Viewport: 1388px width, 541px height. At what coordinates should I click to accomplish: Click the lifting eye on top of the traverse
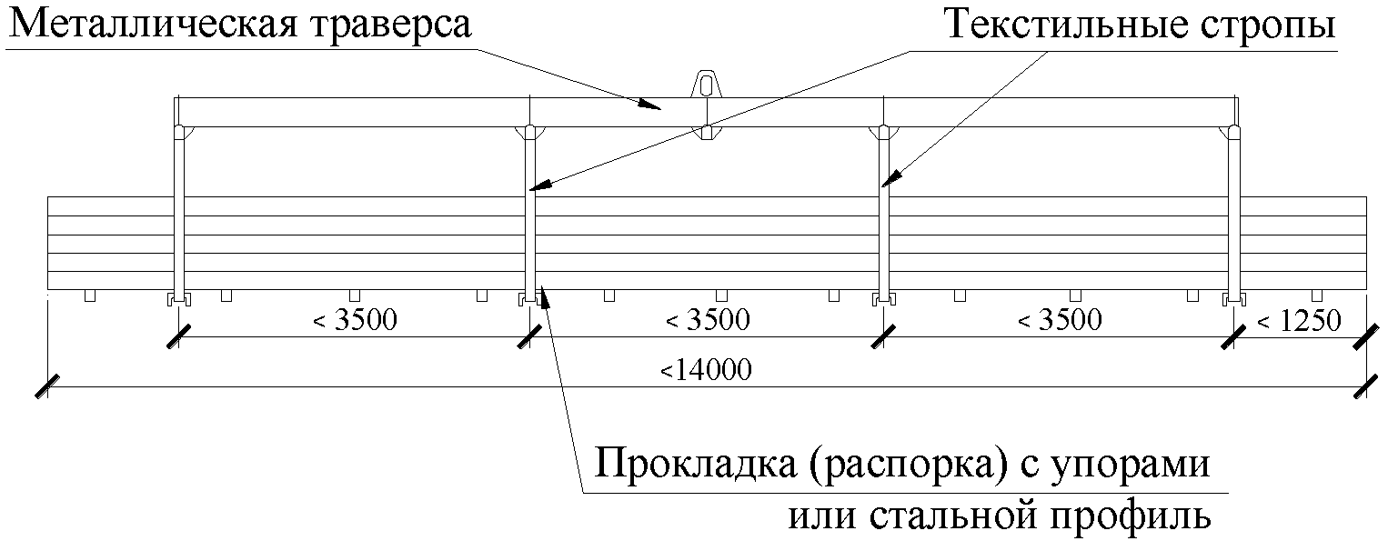click(x=705, y=84)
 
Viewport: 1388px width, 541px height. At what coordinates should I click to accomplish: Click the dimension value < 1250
click(x=1299, y=321)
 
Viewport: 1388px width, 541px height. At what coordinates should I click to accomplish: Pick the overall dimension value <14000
click(x=706, y=370)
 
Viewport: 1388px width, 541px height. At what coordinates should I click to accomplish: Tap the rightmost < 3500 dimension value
click(x=1059, y=321)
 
